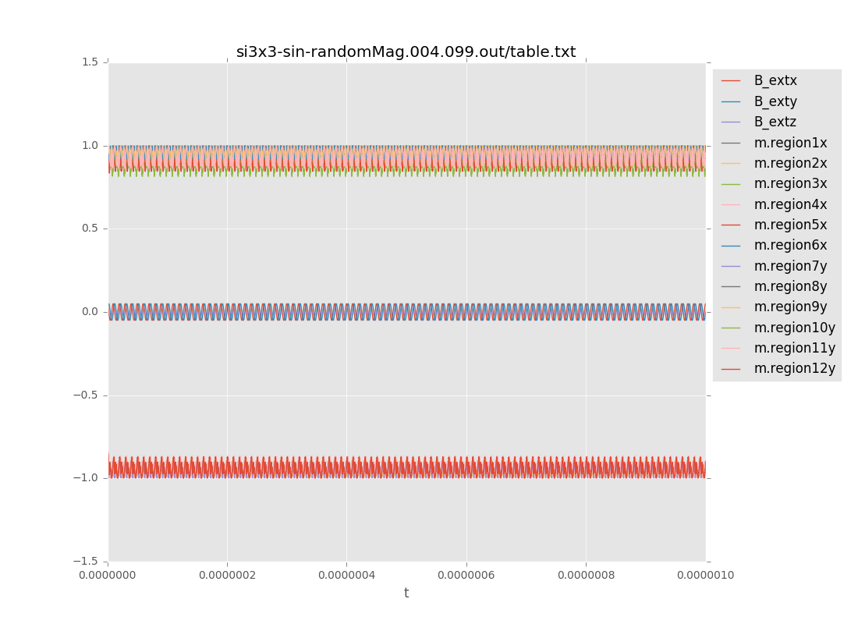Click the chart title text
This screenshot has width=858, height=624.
406,52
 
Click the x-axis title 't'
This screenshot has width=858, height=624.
406,593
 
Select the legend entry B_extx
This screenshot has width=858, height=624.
775,80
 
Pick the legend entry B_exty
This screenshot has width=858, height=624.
775,101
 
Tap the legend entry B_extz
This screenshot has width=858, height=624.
775,122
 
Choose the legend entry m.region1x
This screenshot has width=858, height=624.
790,143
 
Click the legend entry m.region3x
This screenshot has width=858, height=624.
790,184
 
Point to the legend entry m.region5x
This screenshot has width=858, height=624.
790,225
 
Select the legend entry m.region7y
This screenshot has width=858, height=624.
790,266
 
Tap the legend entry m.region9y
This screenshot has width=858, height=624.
790,307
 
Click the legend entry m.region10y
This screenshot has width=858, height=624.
794,328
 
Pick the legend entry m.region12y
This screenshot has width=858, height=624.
794,368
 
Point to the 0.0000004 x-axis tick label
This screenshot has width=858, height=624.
346,576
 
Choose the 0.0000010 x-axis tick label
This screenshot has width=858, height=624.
705,576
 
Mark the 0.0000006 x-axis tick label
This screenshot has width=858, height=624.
466,576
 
